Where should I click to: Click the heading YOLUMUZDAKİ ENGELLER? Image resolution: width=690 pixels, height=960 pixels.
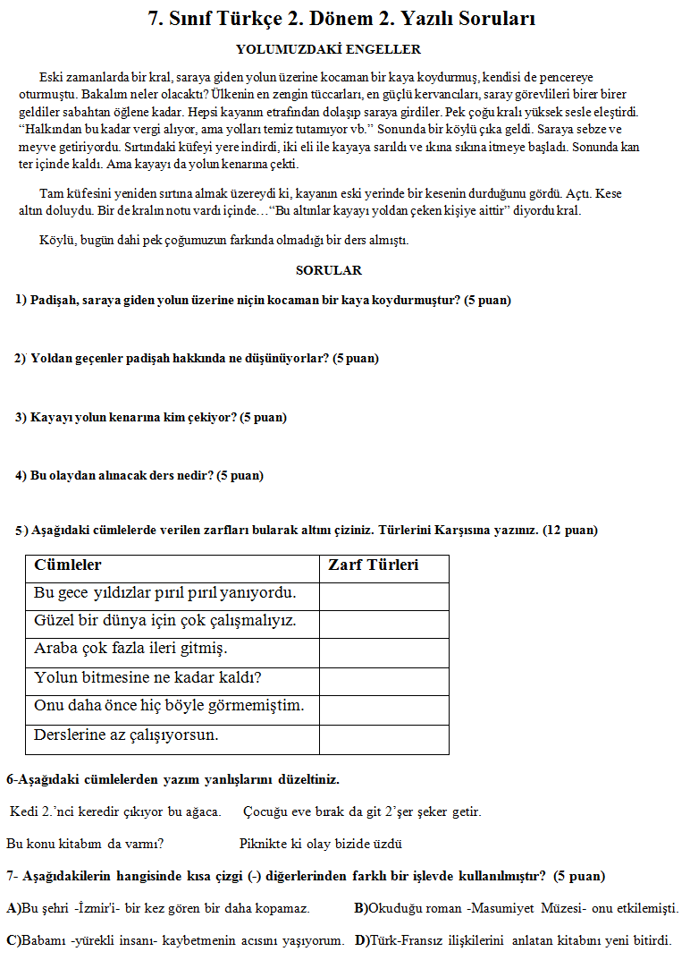pos(328,49)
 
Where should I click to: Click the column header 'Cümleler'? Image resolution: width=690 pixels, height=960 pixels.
pos(68,565)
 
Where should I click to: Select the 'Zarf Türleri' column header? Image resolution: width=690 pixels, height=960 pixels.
pos(374,565)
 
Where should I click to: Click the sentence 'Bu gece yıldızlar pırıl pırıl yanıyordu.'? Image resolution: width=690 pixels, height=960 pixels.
pos(164,593)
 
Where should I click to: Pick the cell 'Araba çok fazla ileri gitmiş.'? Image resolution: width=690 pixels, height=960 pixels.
pos(130,648)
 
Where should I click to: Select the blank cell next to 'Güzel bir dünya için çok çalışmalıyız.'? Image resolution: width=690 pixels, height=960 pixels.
pos(383,622)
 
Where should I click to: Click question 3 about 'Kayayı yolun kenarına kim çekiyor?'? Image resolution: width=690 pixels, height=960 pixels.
pos(150,417)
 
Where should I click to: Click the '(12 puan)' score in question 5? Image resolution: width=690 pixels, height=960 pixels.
pos(569,530)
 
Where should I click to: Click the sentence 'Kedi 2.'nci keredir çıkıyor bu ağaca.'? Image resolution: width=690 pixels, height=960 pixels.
pos(115,811)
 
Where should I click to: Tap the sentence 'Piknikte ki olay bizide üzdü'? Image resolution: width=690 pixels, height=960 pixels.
pos(320,843)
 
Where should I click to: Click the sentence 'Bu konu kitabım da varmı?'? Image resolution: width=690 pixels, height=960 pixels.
pos(85,843)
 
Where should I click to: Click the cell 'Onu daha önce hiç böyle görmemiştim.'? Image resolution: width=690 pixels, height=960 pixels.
pos(169,706)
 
